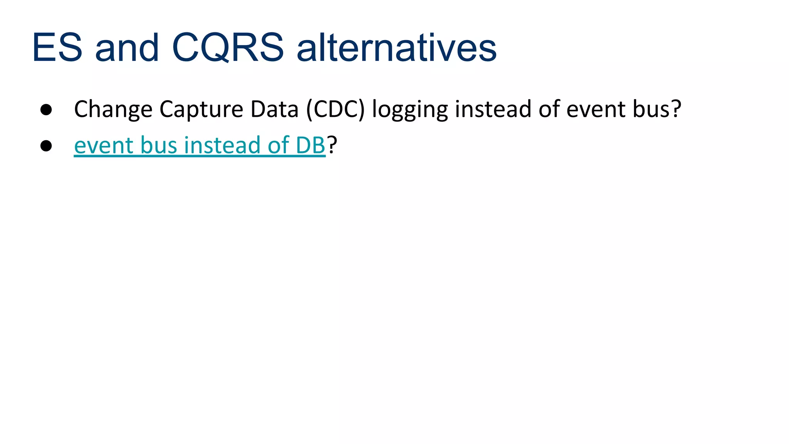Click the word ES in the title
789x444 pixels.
[x=57, y=48]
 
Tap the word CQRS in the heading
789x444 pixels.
[x=228, y=48]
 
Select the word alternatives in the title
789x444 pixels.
[x=396, y=48]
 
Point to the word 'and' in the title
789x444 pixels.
[x=127, y=48]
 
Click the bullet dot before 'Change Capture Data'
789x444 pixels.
[x=46, y=109]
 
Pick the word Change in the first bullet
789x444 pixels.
[x=113, y=109]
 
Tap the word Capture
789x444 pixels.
[x=201, y=109]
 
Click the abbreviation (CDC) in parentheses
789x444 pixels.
[x=335, y=109]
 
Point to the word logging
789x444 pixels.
[x=410, y=109]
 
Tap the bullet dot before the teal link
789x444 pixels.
[x=46, y=146]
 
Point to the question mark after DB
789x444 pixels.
[x=332, y=145]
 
